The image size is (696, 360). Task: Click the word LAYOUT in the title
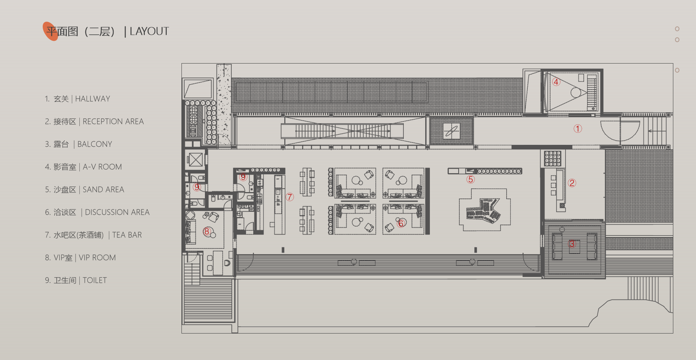(149, 31)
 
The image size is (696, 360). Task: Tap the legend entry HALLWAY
(92, 99)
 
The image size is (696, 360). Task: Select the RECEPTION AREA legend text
(113, 121)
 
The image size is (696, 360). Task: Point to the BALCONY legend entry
(95, 144)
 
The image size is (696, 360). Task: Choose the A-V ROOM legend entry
(102, 167)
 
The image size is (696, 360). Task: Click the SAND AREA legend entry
(103, 189)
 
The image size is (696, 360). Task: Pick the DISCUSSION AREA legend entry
(117, 212)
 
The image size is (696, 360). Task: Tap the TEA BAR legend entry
(127, 235)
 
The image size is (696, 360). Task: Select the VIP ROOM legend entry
(97, 258)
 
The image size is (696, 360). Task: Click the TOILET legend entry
(95, 280)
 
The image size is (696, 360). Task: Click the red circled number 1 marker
(578, 129)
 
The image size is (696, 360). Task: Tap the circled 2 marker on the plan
(572, 183)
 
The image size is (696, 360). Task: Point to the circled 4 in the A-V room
(556, 82)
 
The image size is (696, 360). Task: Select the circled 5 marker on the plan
(471, 179)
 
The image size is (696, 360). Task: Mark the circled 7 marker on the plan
(290, 197)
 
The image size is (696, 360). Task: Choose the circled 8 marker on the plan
(207, 231)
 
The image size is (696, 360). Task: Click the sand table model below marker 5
(484, 210)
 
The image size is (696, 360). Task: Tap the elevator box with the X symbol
(195, 159)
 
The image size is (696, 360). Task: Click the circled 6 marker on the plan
(401, 223)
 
